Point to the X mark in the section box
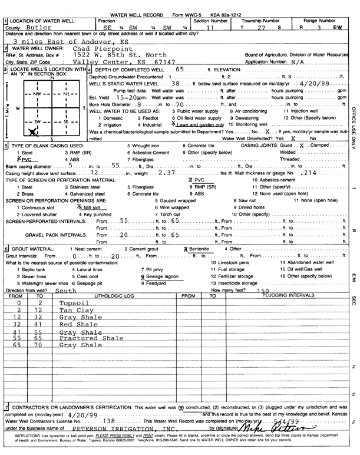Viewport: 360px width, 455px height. (32, 132)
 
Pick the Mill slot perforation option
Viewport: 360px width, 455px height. (94, 207)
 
